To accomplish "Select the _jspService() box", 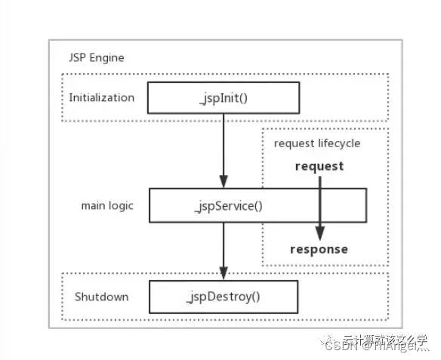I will tap(257, 205).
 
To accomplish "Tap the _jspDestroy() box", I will tap(223, 296).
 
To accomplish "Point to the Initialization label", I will tap(102, 97).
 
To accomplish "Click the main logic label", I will tap(107, 205).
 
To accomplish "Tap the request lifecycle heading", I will tap(317, 143).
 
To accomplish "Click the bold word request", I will tap(319, 166).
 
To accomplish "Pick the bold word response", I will tap(319, 249).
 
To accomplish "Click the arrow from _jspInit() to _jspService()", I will tap(224, 147).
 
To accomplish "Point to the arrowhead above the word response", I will tap(319, 233).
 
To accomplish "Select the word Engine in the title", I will tap(109, 57).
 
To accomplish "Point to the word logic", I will tap(122, 206).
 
